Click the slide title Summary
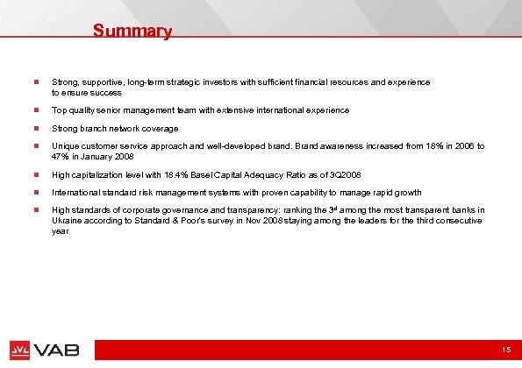(132, 32)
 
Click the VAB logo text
(59, 350)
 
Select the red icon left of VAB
(21, 350)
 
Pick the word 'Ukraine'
(67, 223)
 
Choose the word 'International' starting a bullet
(75, 192)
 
